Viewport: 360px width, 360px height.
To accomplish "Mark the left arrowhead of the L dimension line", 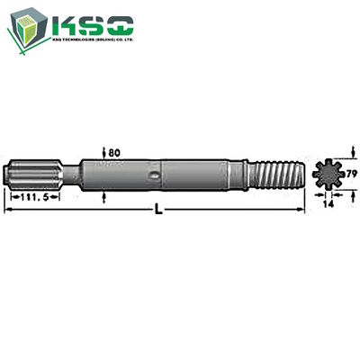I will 8,208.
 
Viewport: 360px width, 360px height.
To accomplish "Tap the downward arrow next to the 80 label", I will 106,155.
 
